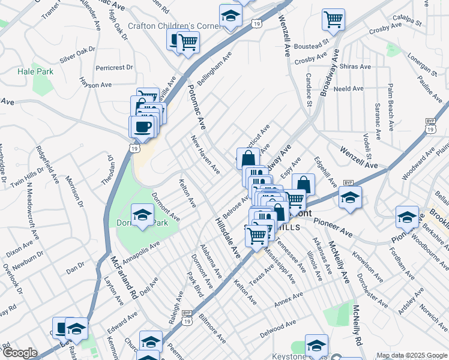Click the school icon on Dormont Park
pos(142,215)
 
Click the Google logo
pos(20,353)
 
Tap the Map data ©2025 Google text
pos(412,355)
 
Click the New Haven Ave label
pos(205,155)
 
